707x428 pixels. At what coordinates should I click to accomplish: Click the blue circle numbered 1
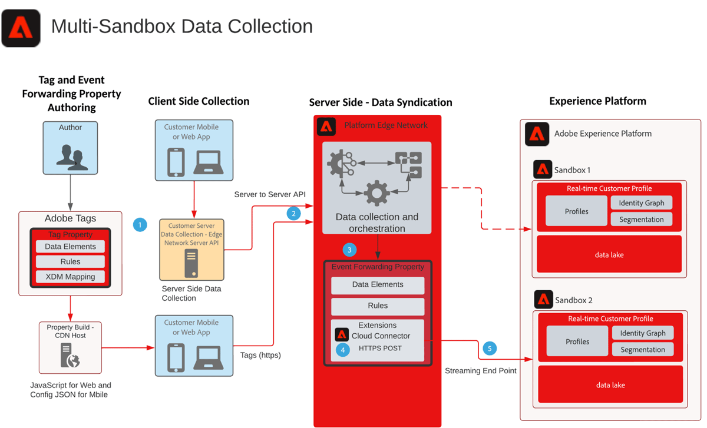tap(140, 224)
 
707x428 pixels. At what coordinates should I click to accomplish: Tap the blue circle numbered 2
tap(294, 214)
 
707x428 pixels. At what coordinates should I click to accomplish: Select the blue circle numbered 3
tap(349, 250)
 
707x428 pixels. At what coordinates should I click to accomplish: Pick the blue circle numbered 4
tap(342, 349)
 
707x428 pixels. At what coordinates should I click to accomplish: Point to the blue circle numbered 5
tap(490, 349)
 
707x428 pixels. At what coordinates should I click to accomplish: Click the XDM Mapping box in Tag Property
tap(70, 277)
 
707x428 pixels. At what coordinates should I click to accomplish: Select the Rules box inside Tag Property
tap(70, 261)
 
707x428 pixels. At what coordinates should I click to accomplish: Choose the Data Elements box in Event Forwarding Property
tap(378, 285)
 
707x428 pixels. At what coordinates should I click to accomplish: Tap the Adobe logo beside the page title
tap(21, 28)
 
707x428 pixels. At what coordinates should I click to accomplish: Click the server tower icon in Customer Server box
tap(191, 263)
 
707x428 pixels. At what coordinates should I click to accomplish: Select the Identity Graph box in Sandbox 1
tap(642, 203)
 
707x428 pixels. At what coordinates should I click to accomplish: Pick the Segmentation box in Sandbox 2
tap(642, 350)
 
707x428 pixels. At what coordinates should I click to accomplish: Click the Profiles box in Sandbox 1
tap(576, 211)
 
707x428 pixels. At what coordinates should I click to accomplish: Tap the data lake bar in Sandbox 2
tap(610, 385)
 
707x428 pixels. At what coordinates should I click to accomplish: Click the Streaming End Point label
tap(481, 371)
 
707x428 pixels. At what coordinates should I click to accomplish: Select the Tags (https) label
tap(260, 355)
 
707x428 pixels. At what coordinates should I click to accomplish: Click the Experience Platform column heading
tap(597, 101)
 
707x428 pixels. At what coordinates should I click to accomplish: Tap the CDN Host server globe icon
tap(71, 356)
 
